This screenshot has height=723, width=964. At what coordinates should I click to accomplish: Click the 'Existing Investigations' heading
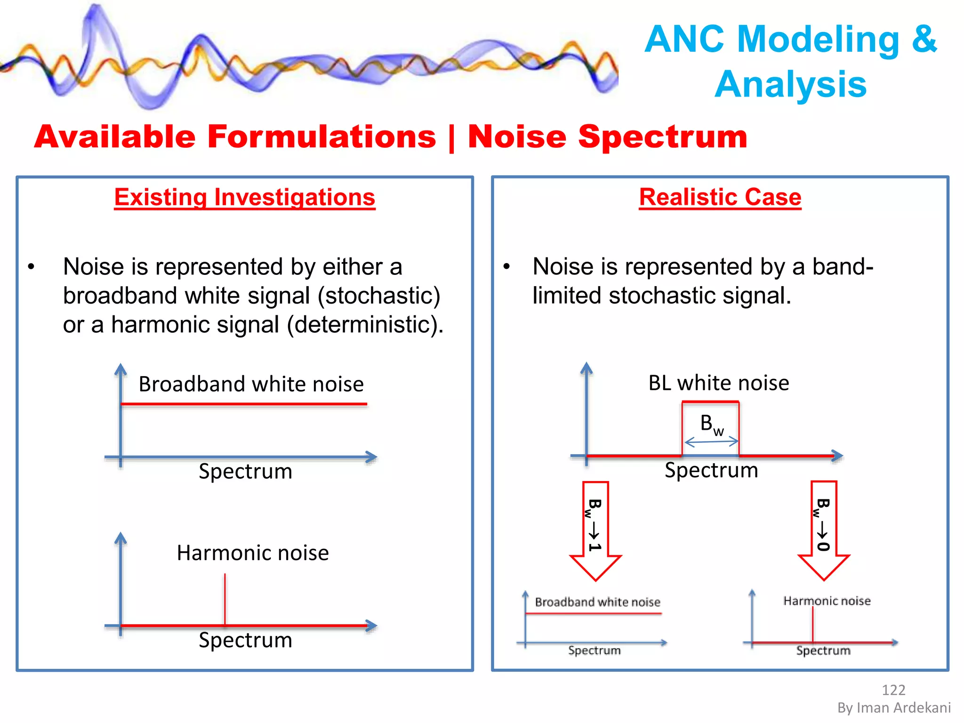(245, 197)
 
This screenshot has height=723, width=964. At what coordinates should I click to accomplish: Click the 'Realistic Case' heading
(720, 197)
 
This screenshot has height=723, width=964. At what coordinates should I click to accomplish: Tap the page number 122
(893, 690)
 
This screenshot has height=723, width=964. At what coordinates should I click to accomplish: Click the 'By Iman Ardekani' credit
(893, 708)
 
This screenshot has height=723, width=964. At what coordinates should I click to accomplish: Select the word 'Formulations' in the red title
(321, 137)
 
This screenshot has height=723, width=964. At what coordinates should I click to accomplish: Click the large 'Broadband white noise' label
(251, 384)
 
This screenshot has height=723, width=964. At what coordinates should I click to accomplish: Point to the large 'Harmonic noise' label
(253, 553)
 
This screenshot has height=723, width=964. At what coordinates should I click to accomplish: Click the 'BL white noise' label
(718, 383)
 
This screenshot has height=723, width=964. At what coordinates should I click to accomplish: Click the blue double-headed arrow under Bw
(711, 442)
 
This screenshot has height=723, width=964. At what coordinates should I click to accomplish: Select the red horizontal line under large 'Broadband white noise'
(244, 404)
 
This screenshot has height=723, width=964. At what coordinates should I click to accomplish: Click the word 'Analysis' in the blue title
(791, 85)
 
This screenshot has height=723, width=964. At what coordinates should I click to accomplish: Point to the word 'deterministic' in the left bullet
(362, 325)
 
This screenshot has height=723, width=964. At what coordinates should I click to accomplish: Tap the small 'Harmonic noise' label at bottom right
(827, 601)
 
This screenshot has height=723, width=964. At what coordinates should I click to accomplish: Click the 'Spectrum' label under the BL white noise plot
(711, 470)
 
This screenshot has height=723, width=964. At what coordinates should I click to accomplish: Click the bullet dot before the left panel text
(31, 267)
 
